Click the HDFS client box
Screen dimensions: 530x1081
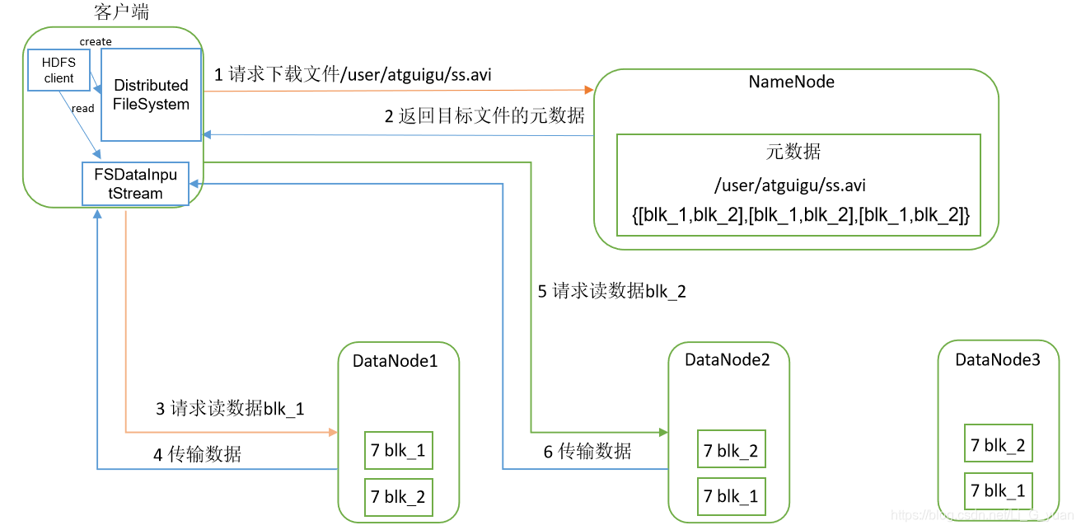click(x=58, y=70)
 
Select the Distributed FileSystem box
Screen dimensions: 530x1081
click(x=152, y=95)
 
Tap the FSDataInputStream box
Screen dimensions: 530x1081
click(x=135, y=183)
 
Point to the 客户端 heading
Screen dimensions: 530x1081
click(x=122, y=12)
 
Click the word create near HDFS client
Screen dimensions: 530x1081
click(x=96, y=41)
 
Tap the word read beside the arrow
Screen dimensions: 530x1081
click(x=82, y=108)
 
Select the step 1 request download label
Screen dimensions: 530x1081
click(x=353, y=75)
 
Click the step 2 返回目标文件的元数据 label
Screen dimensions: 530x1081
click(x=484, y=116)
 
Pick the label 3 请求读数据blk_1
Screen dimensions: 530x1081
click(x=230, y=408)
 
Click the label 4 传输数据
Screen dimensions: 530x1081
click(x=197, y=454)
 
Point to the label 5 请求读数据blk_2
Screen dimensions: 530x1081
click(x=611, y=291)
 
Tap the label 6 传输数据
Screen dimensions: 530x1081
click(x=587, y=451)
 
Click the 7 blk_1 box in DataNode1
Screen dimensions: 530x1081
click(x=398, y=450)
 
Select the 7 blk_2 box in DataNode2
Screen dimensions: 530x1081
click(x=730, y=451)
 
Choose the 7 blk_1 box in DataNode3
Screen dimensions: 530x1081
click(x=998, y=491)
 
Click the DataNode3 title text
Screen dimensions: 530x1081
click(x=997, y=359)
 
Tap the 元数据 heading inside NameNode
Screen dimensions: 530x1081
click(x=793, y=152)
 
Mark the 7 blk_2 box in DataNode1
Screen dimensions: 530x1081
click(x=398, y=496)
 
